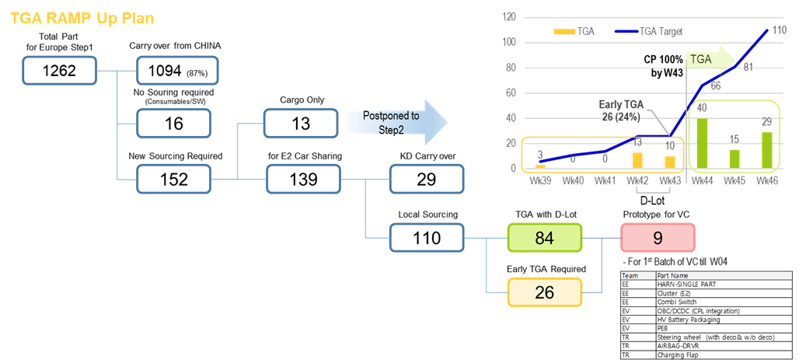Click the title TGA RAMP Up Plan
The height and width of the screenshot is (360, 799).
click(82, 19)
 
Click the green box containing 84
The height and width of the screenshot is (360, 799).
click(544, 239)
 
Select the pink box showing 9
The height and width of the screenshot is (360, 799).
click(658, 238)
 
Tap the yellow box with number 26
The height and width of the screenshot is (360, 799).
click(544, 292)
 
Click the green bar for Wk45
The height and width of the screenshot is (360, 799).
click(734, 159)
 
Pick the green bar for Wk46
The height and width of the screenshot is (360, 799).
click(766, 150)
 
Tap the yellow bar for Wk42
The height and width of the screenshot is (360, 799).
click(637, 160)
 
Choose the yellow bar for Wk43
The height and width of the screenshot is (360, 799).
click(669, 163)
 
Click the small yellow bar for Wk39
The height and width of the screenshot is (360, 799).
click(540, 166)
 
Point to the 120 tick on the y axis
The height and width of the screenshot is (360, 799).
click(509, 16)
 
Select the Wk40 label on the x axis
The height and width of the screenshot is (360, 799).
click(573, 181)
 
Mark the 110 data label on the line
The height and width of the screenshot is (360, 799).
click(780, 30)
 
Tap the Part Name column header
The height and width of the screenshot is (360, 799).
click(673, 275)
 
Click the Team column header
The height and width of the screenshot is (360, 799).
click(630, 275)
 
